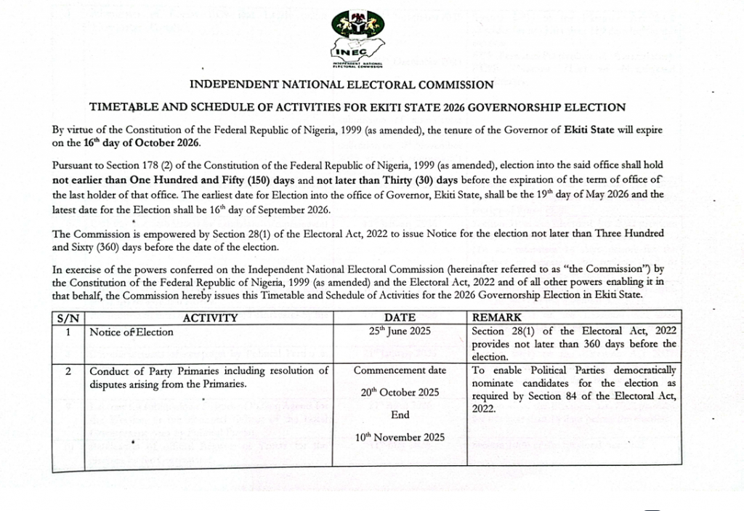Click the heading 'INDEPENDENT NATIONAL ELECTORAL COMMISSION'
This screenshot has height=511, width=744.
[x=341, y=85]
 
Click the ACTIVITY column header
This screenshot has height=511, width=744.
[x=210, y=318]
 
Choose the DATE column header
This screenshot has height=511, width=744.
[x=400, y=318]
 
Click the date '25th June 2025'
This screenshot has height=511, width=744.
[x=400, y=331]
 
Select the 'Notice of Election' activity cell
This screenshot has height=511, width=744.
[x=132, y=332]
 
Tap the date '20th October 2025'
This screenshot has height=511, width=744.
[x=400, y=393]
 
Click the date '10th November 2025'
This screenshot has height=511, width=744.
[x=400, y=438]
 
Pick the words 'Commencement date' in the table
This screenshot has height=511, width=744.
[x=400, y=371]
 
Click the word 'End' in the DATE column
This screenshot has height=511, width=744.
[x=400, y=415]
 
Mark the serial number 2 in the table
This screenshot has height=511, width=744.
[x=68, y=371]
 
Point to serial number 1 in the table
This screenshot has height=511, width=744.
[x=68, y=332]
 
